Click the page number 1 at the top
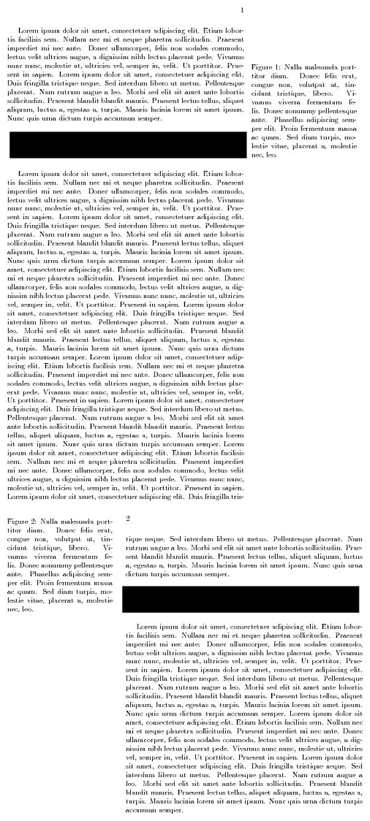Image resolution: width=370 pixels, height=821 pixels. point(242,10)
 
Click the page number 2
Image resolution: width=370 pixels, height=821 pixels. point(128,518)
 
